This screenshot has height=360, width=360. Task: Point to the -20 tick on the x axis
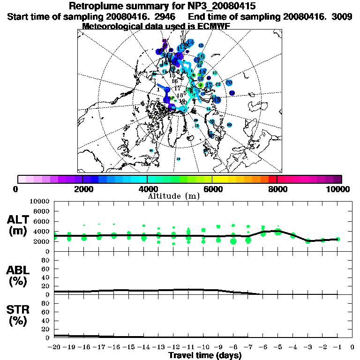pos(55,347)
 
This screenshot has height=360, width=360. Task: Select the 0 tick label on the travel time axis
pos(352,347)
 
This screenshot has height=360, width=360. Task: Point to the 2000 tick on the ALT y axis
pos(41,241)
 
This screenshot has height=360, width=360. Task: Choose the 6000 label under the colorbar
pos(213,189)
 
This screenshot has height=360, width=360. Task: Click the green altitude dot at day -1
pos(337,239)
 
